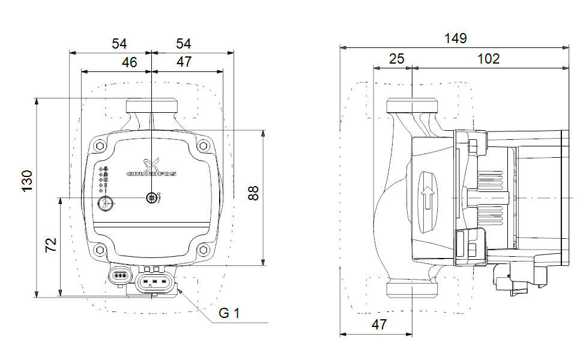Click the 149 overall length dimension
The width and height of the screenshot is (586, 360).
(456, 39)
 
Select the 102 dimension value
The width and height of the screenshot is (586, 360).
(488, 59)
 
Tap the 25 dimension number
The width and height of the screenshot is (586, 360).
(396, 59)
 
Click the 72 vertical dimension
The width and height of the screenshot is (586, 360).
(52, 244)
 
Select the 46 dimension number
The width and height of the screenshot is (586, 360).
(128, 62)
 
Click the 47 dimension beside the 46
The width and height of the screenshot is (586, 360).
(184, 62)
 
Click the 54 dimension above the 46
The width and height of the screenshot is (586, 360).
(119, 44)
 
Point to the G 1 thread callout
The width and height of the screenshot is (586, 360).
(229, 313)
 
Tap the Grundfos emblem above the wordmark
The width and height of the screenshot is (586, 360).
(151, 163)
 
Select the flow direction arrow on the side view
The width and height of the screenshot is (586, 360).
(427, 197)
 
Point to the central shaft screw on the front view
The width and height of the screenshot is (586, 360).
(153, 197)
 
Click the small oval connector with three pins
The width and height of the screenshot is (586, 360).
(120, 277)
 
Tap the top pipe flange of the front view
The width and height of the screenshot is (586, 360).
(152, 106)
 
